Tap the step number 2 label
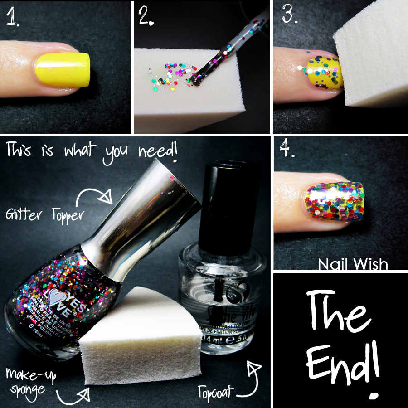146,17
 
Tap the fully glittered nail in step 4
335,202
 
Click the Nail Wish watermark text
353,263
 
